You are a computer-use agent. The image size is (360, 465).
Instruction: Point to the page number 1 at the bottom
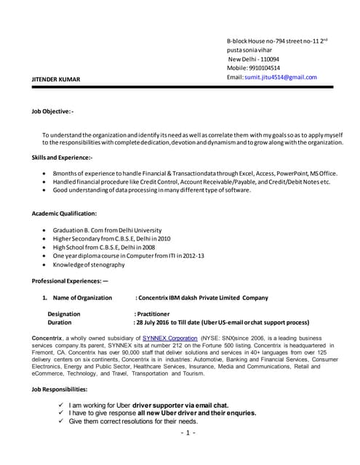coord(186,434)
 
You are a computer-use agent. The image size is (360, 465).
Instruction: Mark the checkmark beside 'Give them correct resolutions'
coord(61,421)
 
